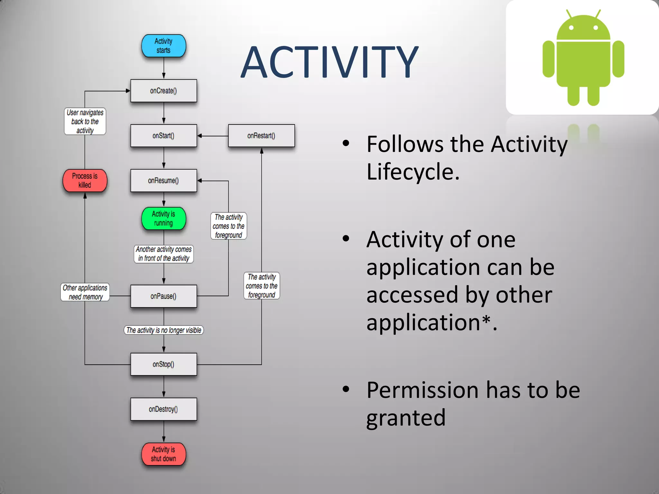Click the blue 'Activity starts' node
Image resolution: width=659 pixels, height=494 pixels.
tap(163, 46)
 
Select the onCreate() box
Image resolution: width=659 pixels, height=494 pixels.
tap(163, 91)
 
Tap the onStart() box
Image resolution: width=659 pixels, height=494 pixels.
tap(163, 136)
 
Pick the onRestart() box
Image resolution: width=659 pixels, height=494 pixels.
tap(261, 136)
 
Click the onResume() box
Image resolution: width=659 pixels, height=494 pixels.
tap(163, 180)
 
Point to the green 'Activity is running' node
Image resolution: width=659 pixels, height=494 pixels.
tap(163, 218)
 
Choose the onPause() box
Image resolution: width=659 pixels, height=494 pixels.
tap(163, 296)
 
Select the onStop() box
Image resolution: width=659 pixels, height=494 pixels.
tap(163, 364)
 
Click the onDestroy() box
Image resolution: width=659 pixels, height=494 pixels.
tap(163, 409)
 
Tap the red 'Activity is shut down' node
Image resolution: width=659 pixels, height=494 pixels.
tap(163, 454)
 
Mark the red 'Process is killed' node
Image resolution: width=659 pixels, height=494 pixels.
tap(85, 180)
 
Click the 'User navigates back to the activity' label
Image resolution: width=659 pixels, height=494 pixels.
tap(85, 121)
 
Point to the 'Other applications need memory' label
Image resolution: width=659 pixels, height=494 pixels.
tap(85, 292)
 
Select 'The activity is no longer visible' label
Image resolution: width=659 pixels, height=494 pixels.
tap(163, 330)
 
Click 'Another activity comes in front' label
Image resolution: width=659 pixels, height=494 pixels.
tap(163, 254)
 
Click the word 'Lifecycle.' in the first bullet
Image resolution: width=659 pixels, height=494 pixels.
tap(413, 172)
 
